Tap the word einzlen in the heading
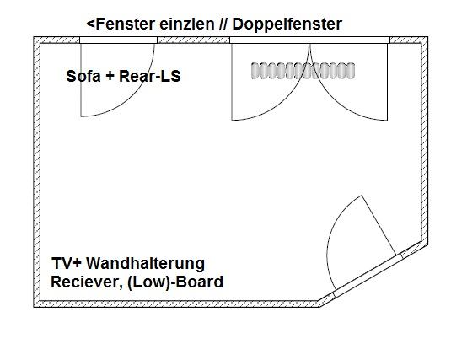(x=186, y=24)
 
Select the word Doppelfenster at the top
(x=287, y=24)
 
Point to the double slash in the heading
(x=223, y=24)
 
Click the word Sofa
(x=83, y=76)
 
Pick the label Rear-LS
(x=150, y=76)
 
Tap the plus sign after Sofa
(x=110, y=77)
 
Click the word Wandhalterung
(x=146, y=263)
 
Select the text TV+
(x=67, y=263)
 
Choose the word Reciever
(x=85, y=282)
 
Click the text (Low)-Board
(x=174, y=282)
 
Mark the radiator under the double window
(x=303, y=71)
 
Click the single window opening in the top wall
(x=119, y=40)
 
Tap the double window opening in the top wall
(x=309, y=40)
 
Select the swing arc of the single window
(x=133, y=95)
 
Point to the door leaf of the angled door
(x=379, y=225)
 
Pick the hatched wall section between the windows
(x=194, y=40)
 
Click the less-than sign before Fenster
(x=90, y=24)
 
